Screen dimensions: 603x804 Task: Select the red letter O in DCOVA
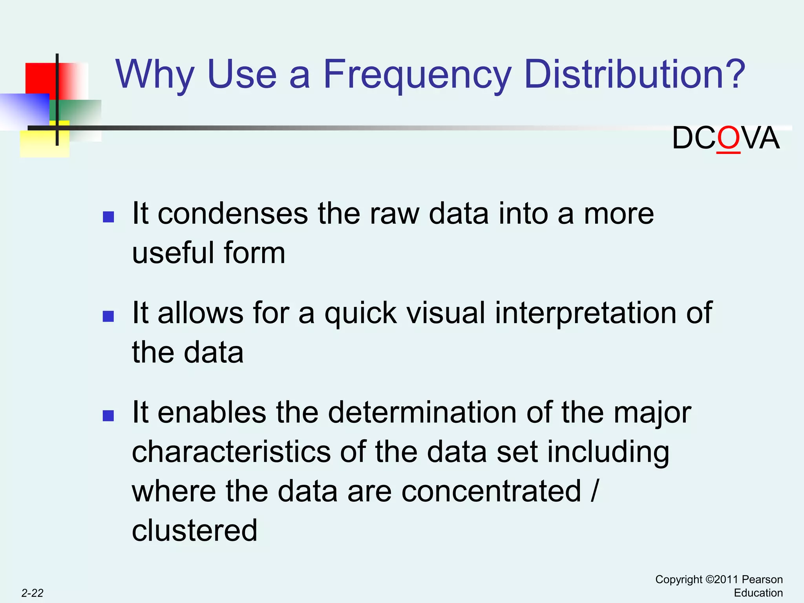coord(728,139)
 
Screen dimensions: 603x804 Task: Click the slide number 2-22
coord(32,593)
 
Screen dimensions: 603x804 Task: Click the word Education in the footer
coord(758,593)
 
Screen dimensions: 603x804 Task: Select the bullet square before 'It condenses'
coord(108,217)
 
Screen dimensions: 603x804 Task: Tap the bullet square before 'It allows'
coord(108,316)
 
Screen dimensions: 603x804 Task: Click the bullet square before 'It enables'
coord(108,415)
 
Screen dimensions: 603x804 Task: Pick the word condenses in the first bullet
coord(233,214)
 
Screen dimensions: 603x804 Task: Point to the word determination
coord(422,413)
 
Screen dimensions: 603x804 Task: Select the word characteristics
coord(231,452)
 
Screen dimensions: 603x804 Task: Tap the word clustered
coord(195,531)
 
